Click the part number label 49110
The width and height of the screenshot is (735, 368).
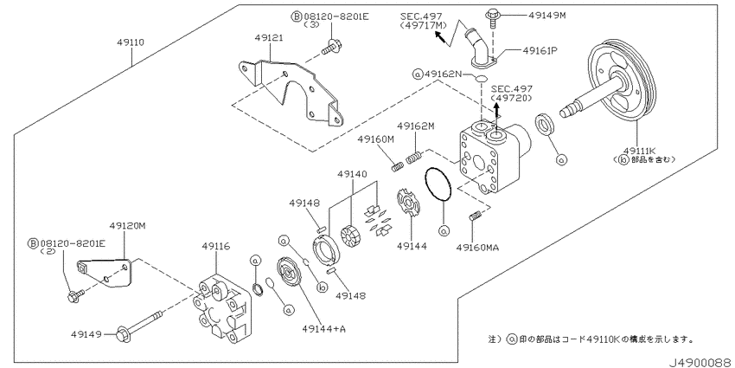(131, 42)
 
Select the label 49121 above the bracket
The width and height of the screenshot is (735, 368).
(269, 37)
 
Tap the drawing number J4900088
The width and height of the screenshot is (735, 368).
(700, 363)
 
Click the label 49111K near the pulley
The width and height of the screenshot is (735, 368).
(639, 151)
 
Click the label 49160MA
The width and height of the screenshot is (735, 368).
(477, 248)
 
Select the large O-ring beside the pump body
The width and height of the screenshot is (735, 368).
(438, 187)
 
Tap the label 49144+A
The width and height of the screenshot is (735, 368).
(324, 329)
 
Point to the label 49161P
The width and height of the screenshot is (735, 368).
(540, 50)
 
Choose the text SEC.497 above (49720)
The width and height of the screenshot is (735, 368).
(512, 89)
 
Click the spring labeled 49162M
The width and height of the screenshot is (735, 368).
(415, 158)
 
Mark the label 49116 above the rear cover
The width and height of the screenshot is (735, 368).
(216, 246)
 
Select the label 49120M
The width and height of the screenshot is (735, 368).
(127, 226)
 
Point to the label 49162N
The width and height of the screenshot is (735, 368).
(443, 74)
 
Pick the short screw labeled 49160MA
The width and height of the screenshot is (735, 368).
(474, 216)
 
